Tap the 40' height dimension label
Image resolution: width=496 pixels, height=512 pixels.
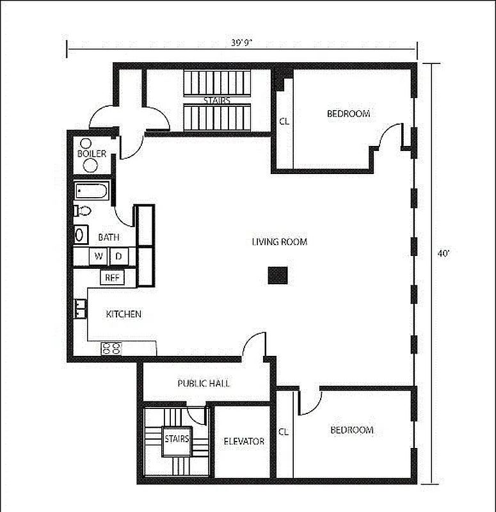(444, 253)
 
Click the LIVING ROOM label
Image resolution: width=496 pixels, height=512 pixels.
(279, 242)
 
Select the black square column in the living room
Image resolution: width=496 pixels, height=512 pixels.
(278, 275)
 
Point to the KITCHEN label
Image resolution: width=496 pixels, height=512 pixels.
(124, 314)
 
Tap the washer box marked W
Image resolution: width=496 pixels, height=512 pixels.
(99, 257)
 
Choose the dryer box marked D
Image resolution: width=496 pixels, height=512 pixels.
(118, 257)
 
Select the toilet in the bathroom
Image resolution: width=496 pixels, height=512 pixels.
(83, 211)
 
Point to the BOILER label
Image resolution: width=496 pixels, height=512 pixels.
(92, 154)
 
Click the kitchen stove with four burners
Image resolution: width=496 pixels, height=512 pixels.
(111, 349)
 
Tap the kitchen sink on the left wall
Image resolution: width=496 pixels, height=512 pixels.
(80, 309)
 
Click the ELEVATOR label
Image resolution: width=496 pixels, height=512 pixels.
(244, 442)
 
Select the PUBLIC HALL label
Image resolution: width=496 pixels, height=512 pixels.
(204, 384)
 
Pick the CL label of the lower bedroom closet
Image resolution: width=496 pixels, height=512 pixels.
(284, 432)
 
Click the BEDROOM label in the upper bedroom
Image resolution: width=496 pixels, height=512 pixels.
(348, 114)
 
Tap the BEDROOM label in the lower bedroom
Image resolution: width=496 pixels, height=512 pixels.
(351, 430)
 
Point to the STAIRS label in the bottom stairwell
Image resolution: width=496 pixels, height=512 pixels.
(177, 439)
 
